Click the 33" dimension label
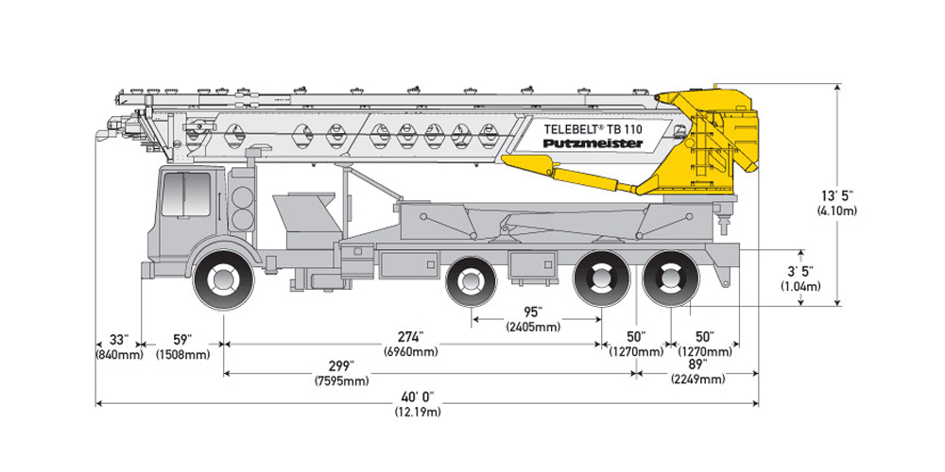[x=118, y=339]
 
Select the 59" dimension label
[x=182, y=339]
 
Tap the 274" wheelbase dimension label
[x=410, y=337]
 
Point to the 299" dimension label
[x=340, y=366]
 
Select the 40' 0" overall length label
[x=417, y=396]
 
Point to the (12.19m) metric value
[x=417, y=412]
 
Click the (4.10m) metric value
[x=837, y=211]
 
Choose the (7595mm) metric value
[x=341, y=381]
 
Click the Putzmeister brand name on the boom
[x=593, y=143]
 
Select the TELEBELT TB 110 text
[x=593, y=126]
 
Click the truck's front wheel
[x=224, y=278]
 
